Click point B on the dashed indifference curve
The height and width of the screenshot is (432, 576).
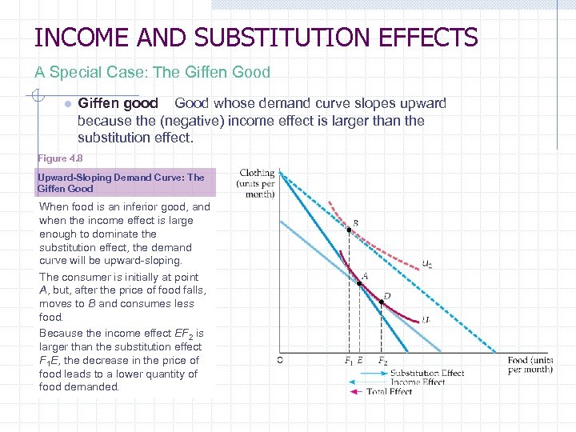(x=349, y=230)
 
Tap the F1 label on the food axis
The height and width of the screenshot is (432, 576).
(x=349, y=361)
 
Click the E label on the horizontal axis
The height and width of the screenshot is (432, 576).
(x=360, y=361)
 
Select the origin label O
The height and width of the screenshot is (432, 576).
(x=279, y=359)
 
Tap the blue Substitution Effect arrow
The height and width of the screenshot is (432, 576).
(x=369, y=373)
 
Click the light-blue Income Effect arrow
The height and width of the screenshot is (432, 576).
(x=370, y=382)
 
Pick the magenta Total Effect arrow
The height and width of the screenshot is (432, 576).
(x=356, y=392)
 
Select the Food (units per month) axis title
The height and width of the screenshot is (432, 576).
(x=530, y=365)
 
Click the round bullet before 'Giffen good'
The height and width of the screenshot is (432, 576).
(x=68, y=105)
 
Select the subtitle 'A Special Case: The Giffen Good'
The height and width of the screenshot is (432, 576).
(x=152, y=72)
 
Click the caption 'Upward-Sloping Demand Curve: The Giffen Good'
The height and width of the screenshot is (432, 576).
(x=120, y=183)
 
